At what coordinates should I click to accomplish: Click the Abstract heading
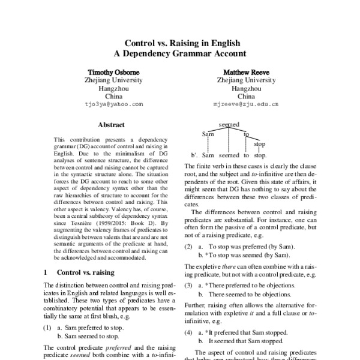click(111, 125)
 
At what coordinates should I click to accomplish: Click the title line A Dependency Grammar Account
click(181, 53)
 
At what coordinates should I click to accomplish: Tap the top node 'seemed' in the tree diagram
click(230, 124)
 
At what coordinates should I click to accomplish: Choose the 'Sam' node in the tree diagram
click(208, 133)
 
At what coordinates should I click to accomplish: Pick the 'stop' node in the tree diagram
click(260, 144)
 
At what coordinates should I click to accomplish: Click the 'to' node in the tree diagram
click(247, 134)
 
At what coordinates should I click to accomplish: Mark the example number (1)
click(47, 328)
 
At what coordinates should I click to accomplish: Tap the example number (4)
click(189, 332)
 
